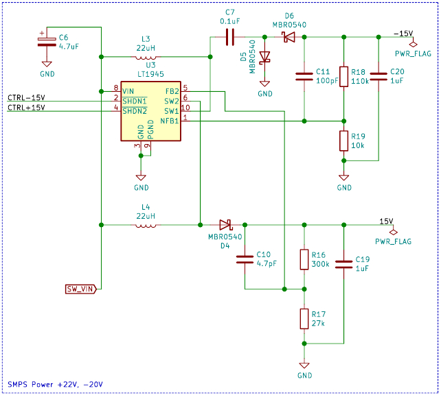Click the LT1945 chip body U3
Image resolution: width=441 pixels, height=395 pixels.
click(x=150, y=111)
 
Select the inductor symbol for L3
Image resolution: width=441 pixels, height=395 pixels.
click(x=146, y=58)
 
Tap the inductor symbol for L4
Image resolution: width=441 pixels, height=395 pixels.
click(x=146, y=226)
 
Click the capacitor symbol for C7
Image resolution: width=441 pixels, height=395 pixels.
click(x=230, y=37)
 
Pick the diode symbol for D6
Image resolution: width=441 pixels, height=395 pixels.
click(x=289, y=37)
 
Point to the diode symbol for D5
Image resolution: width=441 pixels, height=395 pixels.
click(x=264, y=58)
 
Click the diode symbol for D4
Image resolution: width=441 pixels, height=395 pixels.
click(x=225, y=225)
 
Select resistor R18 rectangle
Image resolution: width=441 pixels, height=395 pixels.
click(x=343, y=77)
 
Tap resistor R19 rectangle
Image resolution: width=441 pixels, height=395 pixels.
click(x=343, y=141)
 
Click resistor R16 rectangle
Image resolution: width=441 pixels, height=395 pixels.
click(x=304, y=259)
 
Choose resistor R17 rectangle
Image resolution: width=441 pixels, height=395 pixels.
click(x=304, y=319)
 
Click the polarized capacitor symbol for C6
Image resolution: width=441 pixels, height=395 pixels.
click(x=47, y=42)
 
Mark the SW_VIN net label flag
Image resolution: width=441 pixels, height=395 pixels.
click(x=81, y=289)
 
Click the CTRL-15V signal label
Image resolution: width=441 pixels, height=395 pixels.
click(x=26, y=97)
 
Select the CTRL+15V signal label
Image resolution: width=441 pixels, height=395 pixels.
click(x=26, y=108)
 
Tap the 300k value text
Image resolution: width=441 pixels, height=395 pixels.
click(x=320, y=264)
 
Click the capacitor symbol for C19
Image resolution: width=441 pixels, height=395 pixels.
click(x=343, y=265)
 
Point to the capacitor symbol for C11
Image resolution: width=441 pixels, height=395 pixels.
click(x=304, y=77)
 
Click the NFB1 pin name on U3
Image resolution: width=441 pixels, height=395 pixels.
click(x=169, y=121)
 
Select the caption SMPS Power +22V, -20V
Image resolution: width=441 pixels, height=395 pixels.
click(x=55, y=384)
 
